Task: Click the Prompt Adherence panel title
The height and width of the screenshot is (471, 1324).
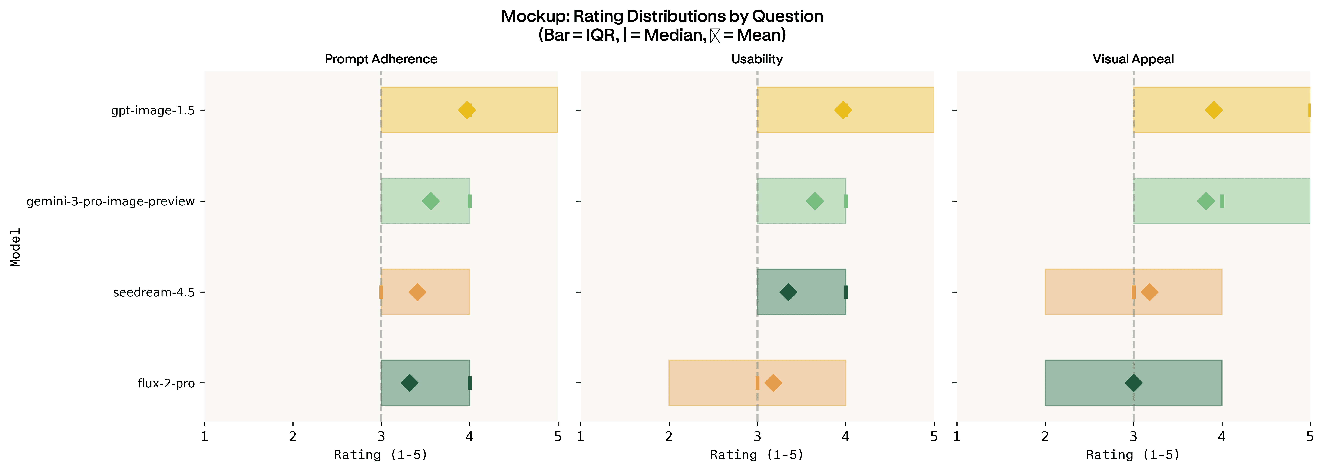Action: pos(381,59)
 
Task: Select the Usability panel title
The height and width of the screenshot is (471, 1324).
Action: pos(757,59)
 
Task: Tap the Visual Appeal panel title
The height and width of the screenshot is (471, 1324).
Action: pos(1133,59)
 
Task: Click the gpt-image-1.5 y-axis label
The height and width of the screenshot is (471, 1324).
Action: pos(153,110)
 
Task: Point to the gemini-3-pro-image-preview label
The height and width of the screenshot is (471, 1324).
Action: pos(110,201)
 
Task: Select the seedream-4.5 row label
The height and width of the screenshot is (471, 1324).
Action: pos(154,292)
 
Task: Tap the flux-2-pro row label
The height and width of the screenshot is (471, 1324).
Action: pos(166,383)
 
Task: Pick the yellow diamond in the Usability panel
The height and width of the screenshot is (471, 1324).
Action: pos(842,110)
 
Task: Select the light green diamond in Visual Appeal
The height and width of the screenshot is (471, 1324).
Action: pos(1206,201)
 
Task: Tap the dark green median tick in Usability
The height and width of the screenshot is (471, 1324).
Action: pos(845,292)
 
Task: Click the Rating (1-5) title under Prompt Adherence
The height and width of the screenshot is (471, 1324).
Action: pos(381,455)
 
